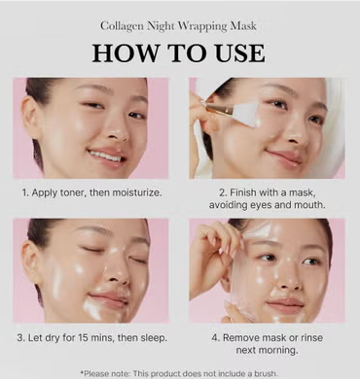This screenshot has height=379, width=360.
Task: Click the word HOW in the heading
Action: point(126,52)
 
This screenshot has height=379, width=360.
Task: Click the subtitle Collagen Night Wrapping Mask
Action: point(180,25)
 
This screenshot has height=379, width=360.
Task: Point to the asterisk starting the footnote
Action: point(82,371)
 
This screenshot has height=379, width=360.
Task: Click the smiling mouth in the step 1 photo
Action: point(107,155)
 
